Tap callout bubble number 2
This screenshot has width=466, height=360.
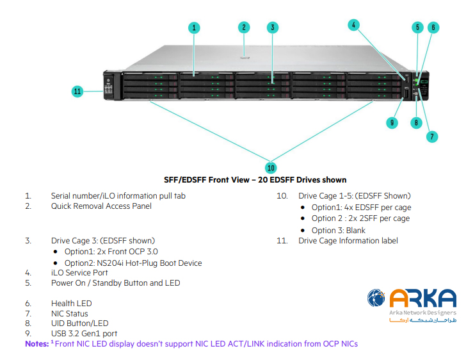244,27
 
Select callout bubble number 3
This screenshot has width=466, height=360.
273,28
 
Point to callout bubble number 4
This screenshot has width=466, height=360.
354,25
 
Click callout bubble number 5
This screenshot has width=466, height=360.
417,28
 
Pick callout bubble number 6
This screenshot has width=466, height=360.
433,28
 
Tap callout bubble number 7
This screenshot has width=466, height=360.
433,136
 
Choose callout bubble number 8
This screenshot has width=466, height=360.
416,122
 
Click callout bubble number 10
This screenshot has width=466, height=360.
271,167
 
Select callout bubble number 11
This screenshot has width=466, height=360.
77,92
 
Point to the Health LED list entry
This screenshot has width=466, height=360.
71,303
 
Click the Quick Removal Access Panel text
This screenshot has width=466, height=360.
101,206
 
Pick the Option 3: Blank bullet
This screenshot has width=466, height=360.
338,230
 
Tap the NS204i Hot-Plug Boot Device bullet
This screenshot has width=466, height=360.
133,263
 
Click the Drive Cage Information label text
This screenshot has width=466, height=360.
348,240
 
